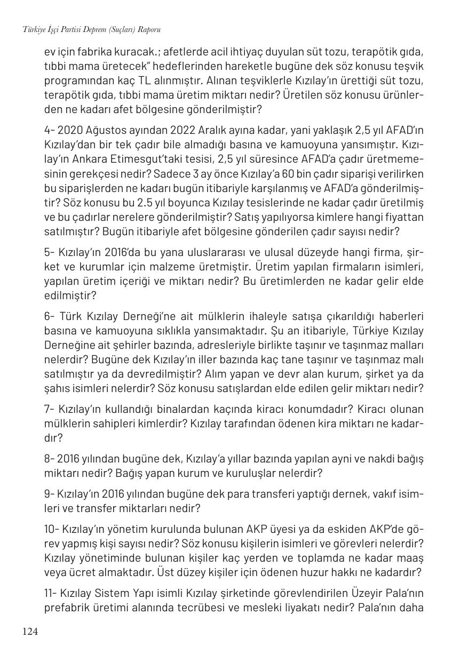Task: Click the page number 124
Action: [30, 632]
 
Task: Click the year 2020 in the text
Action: [68, 131]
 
